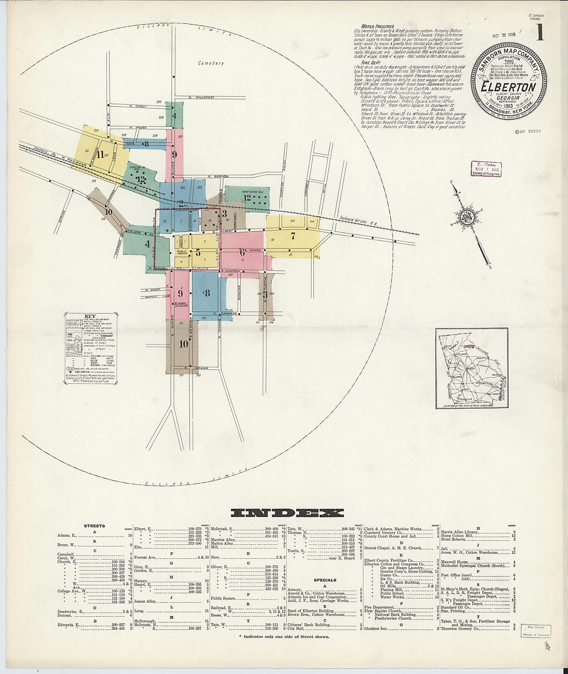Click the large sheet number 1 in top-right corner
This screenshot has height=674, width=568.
coord(540,32)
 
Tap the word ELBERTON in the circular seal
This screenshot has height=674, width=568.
coord(508,87)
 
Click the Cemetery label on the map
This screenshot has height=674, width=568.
coord(211,63)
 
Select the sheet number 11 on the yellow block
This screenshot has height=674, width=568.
coord(100,153)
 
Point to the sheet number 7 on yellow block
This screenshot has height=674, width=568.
coord(293,236)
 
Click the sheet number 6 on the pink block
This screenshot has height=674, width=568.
coord(242,252)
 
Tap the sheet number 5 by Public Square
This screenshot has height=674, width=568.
coord(198,253)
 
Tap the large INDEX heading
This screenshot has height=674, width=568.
coord(287,513)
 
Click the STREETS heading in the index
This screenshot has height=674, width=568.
coord(94,526)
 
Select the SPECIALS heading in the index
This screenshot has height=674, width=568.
coord(325,579)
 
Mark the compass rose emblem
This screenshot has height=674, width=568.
coord(467,216)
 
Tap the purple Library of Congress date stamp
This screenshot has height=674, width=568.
coord(485,169)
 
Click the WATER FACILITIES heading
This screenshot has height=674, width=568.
coord(377,26)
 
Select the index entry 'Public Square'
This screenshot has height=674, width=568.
coord(223,598)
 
